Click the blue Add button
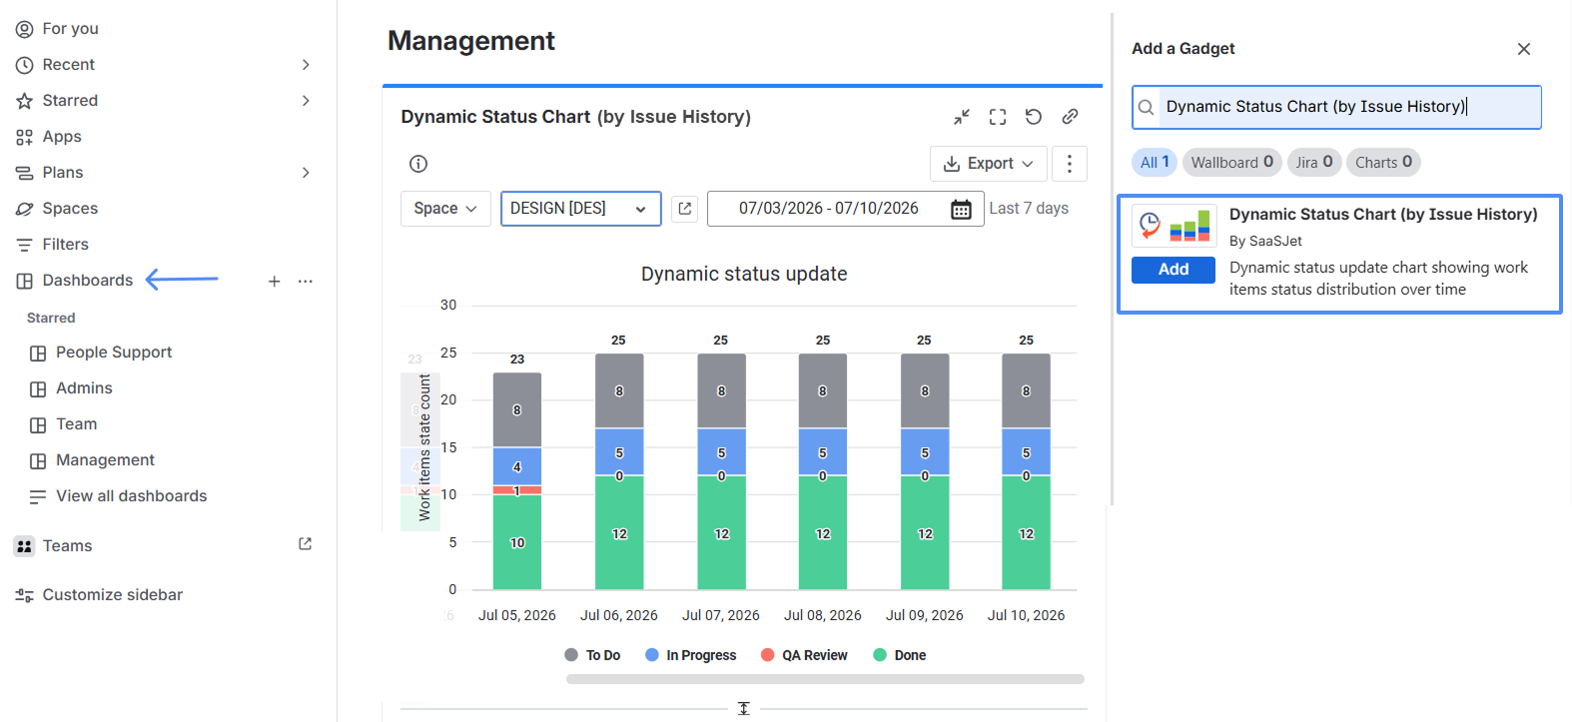coord(1173,270)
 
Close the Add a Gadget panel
coord(1524,49)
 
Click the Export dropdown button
coord(988,164)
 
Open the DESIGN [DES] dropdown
coord(580,209)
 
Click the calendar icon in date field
coord(961,209)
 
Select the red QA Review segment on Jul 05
coord(517,490)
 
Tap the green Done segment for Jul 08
coord(823,532)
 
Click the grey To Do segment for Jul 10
coord(1026,390)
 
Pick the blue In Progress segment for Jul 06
coord(619,451)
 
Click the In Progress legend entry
coord(690,655)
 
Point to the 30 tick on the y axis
coord(448,306)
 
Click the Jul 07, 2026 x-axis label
coord(721,615)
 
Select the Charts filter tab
coord(1383,163)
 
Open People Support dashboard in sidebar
coord(114,353)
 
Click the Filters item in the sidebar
coord(65,245)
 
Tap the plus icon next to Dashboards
coord(274,282)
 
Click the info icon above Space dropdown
coord(418,164)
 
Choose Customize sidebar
coord(112,595)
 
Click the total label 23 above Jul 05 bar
coord(517,360)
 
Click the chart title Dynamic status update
coord(744,274)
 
